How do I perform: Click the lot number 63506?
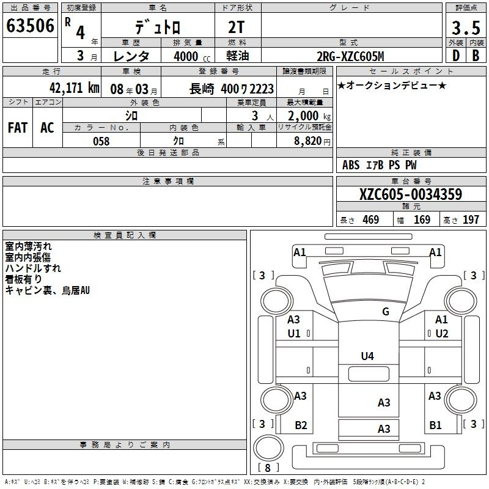point(30,26)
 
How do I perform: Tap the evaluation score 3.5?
point(466,28)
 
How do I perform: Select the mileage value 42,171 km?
point(74,88)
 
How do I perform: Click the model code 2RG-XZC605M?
point(350,56)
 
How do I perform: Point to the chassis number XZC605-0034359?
point(411,194)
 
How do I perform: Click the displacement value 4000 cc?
point(192,56)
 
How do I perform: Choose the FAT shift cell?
point(18,128)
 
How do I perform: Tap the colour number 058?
point(101,141)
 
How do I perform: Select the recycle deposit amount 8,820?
point(308,141)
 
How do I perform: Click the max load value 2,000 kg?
point(309,116)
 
